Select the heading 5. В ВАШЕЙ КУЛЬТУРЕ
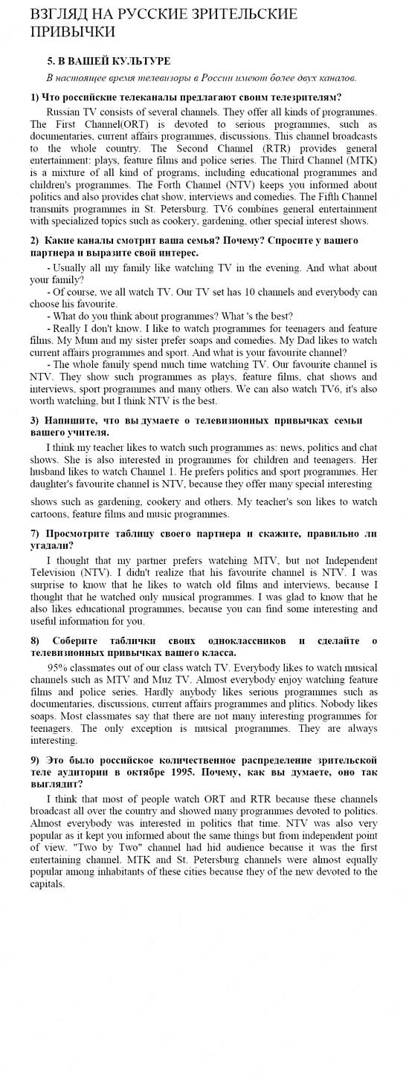coord(109,61)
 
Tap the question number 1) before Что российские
coord(35,97)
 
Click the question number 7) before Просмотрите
coord(35,533)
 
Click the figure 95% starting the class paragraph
coord(59,667)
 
